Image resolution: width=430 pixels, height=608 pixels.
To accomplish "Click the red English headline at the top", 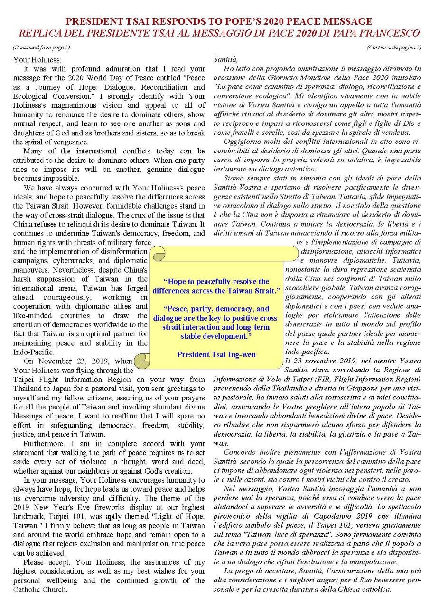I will click(x=218, y=22).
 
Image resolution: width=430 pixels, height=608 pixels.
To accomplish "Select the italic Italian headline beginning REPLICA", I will click(x=218, y=34).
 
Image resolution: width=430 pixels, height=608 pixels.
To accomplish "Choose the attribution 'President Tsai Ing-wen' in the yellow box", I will click(x=216, y=354).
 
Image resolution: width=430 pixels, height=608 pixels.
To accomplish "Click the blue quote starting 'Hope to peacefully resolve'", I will click(x=216, y=285).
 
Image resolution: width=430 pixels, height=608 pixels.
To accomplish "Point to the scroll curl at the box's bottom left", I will click(x=140, y=361).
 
